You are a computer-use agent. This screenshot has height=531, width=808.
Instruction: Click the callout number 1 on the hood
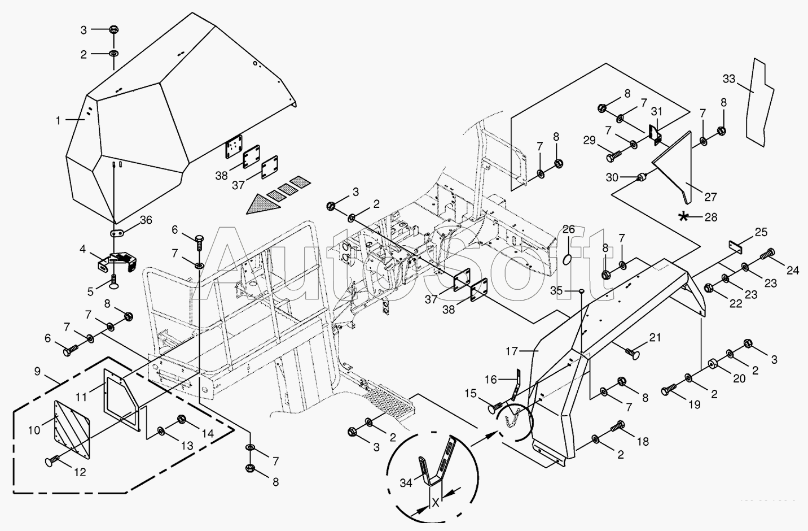[x=58, y=120]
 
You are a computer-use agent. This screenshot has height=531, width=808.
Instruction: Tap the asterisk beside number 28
[x=684, y=216]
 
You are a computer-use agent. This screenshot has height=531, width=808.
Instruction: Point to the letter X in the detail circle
[x=435, y=502]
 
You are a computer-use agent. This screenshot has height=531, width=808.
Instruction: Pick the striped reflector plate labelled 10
[x=73, y=429]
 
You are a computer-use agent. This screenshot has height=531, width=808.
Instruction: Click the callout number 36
[x=146, y=221]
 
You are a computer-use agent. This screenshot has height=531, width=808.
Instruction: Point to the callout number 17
[x=511, y=351]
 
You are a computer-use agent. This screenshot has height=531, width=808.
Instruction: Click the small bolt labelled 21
[x=632, y=354]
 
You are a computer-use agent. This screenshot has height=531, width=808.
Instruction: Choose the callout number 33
[x=729, y=79]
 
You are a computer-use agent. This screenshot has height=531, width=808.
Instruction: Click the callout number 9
[x=37, y=371]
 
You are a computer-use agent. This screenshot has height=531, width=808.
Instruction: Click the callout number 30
[x=612, y=177]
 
